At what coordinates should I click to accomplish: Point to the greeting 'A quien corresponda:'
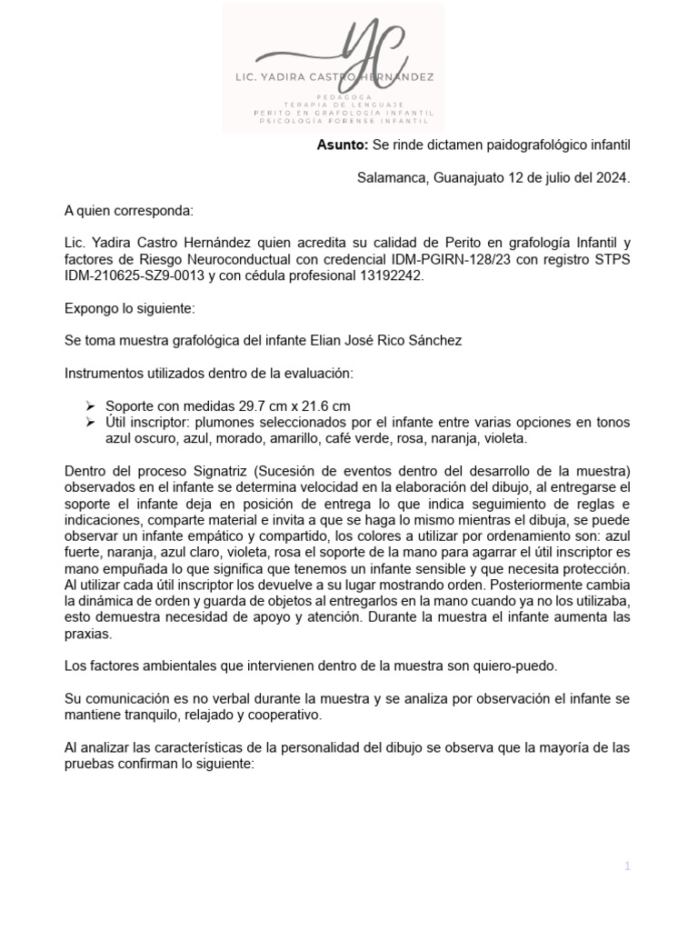pos(128,211)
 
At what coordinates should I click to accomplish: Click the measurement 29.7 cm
pos(265,406)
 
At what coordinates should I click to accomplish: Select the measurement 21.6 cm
pos(326,406)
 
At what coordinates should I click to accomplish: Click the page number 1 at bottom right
pos(626,866)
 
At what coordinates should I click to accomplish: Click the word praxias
pos(89,634)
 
